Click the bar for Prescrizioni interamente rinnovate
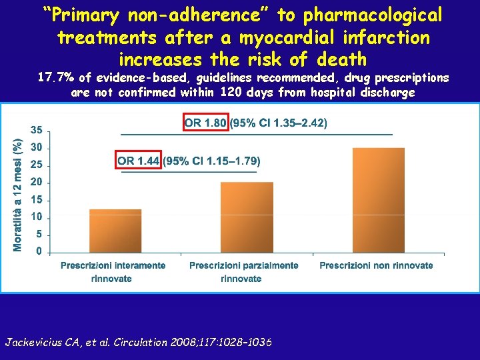click(x=115, y=231)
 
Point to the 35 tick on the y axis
click(x=36, y=130)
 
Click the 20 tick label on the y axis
click(x=36, y=182)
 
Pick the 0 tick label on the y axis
click(x=39, y=251)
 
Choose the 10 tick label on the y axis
click(x=36, y=217)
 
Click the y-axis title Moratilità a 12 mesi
click(x=18, y=195)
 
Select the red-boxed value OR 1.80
click(x=205, y=123)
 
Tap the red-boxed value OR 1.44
click(x=139, y=161)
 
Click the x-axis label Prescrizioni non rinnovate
click(x=376, y=265)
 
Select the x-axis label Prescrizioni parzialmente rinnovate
click(x=244, y=272)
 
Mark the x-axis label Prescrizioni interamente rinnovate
click(x=113, y=272)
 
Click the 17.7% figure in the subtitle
click(x=58, y=78)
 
